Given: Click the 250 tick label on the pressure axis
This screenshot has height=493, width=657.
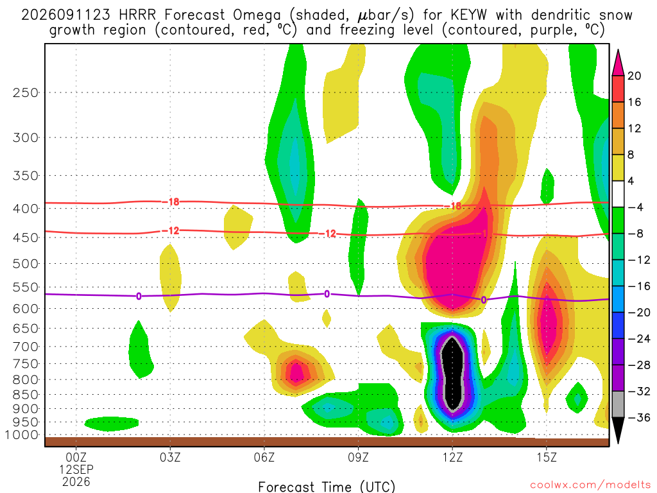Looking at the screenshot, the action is coord(25,92).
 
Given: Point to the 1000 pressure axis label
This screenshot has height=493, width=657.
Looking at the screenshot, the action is coord(22,435).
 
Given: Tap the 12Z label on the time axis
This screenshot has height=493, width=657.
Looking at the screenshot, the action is coord(452,457).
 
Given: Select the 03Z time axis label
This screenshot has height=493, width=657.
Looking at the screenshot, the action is coord(170,457).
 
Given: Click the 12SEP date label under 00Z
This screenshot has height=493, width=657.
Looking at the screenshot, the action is coord(76,469).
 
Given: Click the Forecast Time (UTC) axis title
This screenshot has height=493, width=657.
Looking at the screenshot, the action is coord(327,487).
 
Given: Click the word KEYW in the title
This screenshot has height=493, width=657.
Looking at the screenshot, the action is coord(468,15).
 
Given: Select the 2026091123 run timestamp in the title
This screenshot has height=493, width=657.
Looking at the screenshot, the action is coord(66,15).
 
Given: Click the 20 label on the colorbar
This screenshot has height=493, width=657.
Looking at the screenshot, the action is coord(634,76).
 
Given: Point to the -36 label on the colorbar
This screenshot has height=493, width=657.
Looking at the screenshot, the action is coord(639,417).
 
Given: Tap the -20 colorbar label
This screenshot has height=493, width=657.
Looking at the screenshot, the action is coord(639,313).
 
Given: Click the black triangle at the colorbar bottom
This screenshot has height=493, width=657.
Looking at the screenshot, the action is coord(618,429).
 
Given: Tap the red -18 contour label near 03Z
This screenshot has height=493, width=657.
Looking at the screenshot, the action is coord(171,202).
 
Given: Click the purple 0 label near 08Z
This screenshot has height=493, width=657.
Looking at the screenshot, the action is coord(327,294).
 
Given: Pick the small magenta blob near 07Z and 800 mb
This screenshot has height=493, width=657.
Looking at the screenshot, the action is coord(297,372).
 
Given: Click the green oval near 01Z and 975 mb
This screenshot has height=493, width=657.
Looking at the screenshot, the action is coord(112,424).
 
